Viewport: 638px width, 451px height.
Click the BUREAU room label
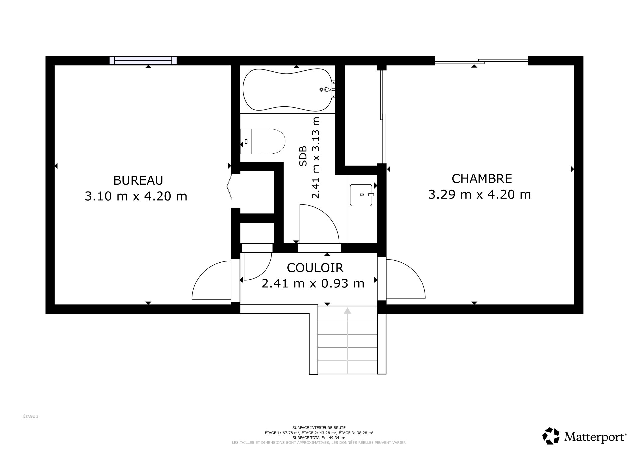click(x=138, y=180)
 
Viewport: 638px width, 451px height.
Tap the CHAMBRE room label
click(x=481, y=179)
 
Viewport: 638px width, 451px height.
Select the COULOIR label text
click(x=315, y=268)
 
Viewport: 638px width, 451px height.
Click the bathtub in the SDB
click(x=287, y=89)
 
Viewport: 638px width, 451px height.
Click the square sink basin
click(x=361, y=195)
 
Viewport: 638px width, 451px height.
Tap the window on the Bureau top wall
click(x=143, y=60)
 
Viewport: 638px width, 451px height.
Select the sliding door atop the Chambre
click(x=481, y=61)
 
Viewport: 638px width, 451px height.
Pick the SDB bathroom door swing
click(x=319, y=223)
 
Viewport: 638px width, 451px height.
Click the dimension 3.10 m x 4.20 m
click(x=136, y=196)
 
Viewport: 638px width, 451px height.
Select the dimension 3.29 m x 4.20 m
click(x=479, y=194)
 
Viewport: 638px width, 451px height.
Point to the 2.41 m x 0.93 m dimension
click(x=313, y=283)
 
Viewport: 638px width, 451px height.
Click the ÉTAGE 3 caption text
click(x=31, y=416)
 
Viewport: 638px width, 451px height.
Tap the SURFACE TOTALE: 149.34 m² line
click(x=319, y=438)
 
